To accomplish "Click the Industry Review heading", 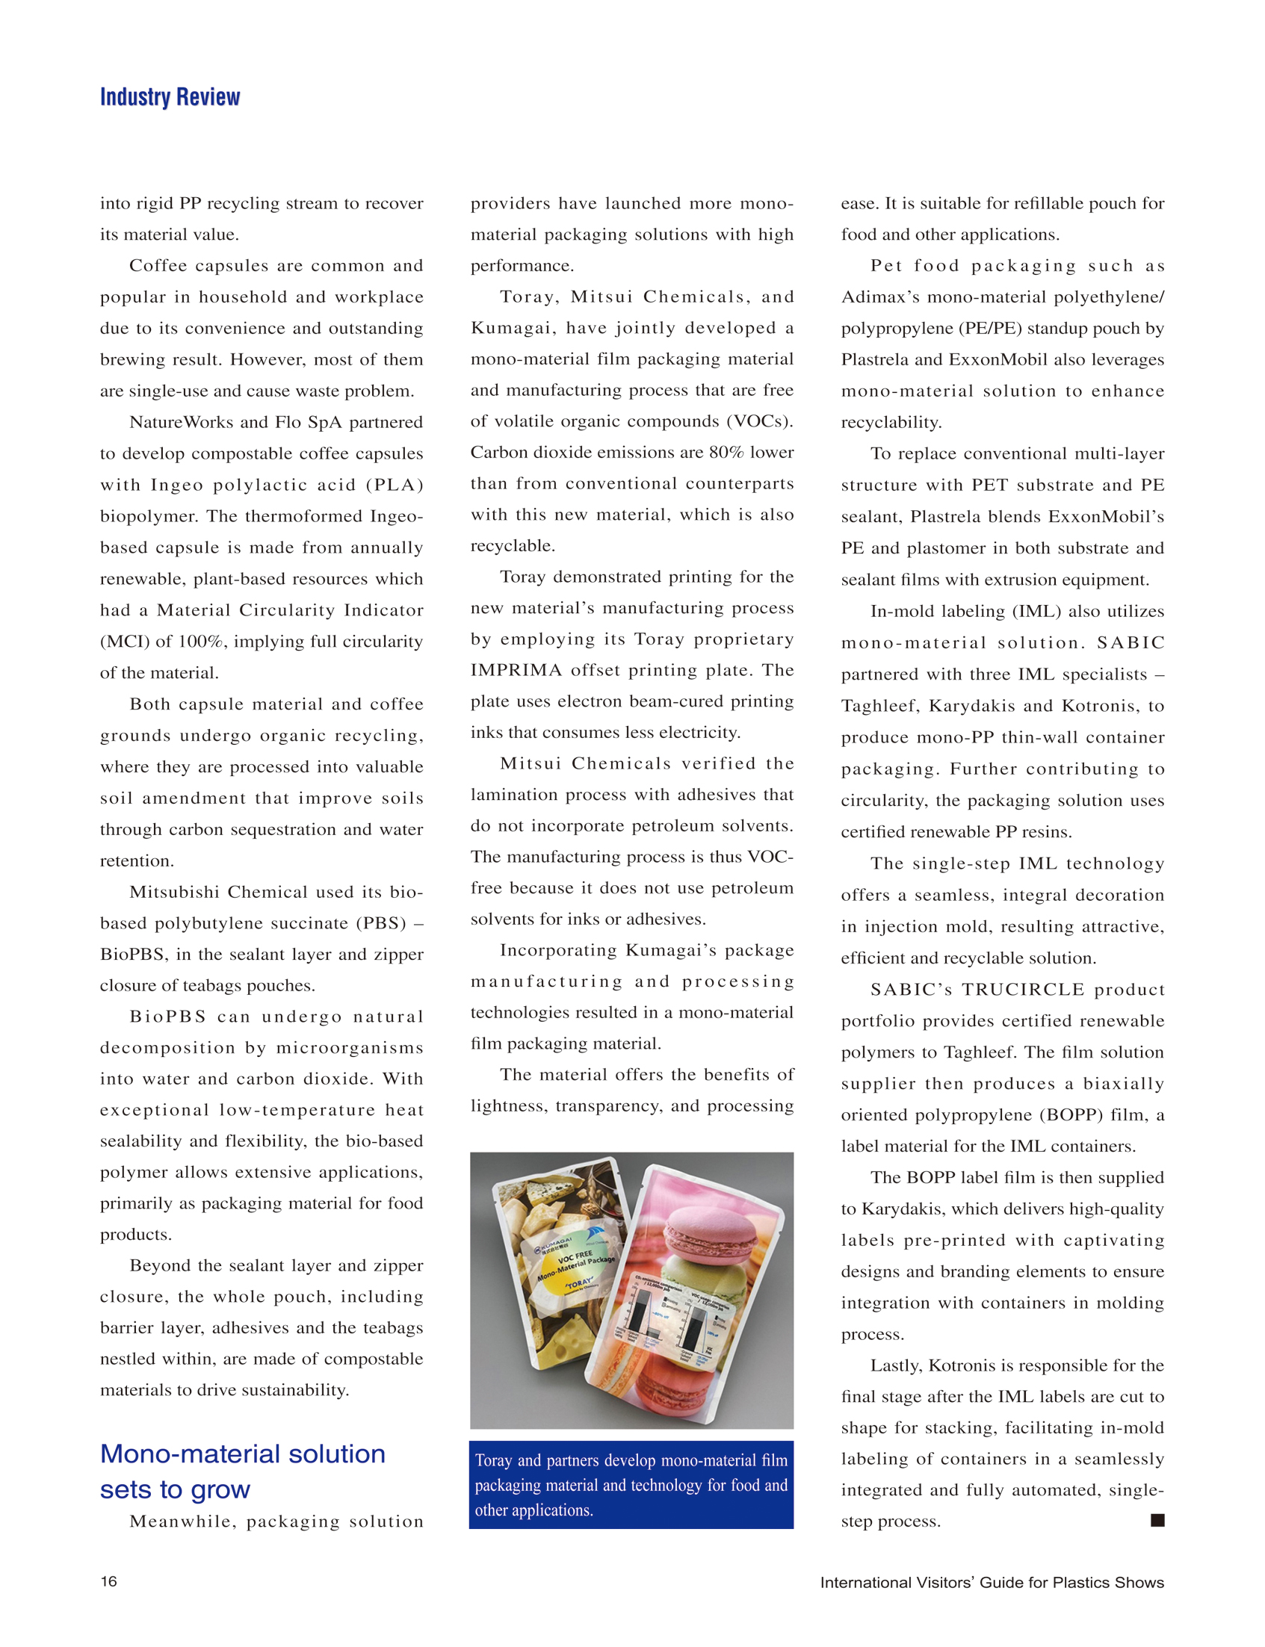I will [x=170, y=97].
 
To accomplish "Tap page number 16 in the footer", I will [x=108, y=1581].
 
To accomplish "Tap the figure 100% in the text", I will [x=202, y=642].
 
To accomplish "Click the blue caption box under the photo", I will [x=631, y=1484].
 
